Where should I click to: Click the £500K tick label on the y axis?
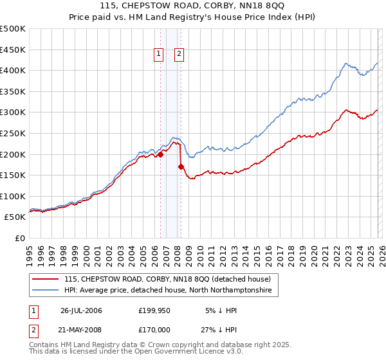13,29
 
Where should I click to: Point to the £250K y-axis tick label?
13,133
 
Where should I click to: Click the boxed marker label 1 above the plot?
158,55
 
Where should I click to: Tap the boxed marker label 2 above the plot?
178,55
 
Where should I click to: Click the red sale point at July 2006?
160,154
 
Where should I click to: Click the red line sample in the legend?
45,279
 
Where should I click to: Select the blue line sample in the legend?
45,291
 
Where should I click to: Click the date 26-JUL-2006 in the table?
81,310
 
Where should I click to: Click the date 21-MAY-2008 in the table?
81,330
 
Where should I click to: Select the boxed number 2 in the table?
34,330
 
